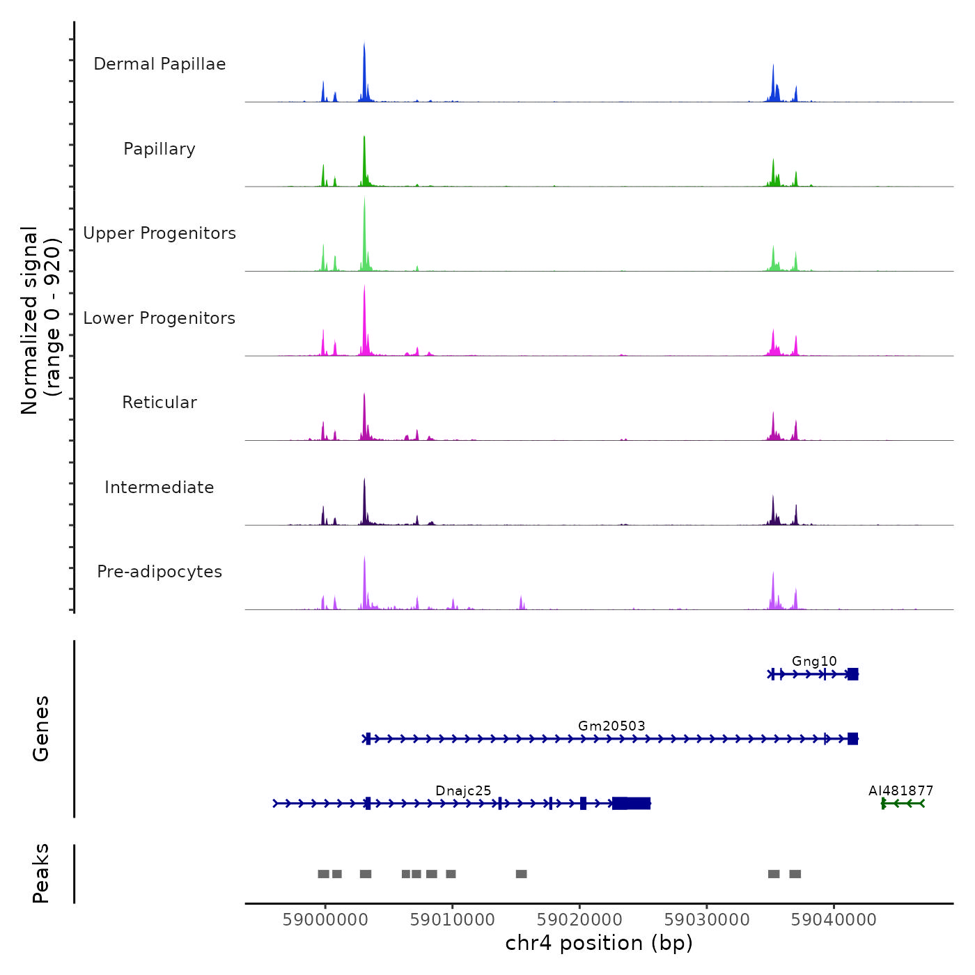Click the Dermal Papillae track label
(159, 64)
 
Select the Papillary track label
(159, 149)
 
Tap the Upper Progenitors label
(159, 233)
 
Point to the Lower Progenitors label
(159, 318)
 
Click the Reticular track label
(159, 403)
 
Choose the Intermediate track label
(159, 487)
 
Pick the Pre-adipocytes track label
(159, 572)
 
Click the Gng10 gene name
(814, 661)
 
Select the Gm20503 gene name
(611, 726)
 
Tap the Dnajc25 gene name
(463, 790)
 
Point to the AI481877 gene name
(900, 790)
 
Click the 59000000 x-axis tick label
(325, 920)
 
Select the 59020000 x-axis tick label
(579, 920)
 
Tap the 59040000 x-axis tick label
(834, 920)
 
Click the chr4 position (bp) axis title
(599, 943)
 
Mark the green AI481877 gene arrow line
(903, 804)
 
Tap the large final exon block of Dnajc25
(632, 804)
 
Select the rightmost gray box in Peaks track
(795, 874)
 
